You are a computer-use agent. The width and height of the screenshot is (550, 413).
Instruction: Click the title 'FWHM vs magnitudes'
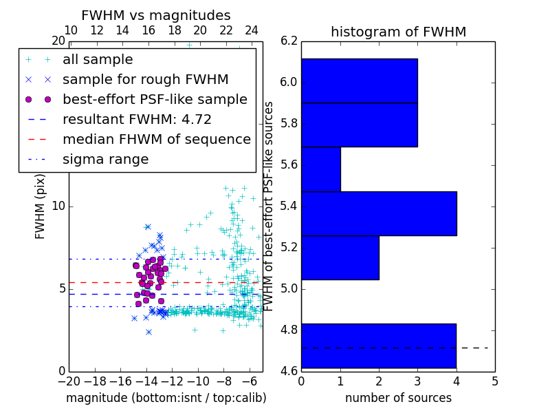[156, 15]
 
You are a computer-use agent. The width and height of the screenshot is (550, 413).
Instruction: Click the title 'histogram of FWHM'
[399, 32]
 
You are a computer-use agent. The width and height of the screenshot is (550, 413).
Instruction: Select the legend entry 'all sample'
[98, 60]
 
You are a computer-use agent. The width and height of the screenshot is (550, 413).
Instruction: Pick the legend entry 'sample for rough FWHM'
[145, 80]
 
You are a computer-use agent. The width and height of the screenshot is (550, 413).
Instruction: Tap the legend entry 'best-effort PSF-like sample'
[155, 100]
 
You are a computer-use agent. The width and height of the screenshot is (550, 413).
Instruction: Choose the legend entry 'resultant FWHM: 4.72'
[137, 120]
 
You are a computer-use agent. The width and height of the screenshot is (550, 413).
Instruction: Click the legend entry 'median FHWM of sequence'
[156, 140]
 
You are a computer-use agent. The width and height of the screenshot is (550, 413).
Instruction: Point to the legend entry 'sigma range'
[105, 160]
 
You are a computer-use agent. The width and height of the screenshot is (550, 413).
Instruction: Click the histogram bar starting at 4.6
[378, 346]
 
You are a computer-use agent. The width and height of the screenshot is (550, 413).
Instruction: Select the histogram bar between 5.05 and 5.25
[340, 257]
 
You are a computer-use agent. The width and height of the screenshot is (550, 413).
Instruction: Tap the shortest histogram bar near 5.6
[320, 169]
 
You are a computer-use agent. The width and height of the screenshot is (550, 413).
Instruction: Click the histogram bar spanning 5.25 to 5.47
[378, 213]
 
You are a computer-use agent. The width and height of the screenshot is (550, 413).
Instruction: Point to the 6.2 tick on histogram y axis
[289, 41]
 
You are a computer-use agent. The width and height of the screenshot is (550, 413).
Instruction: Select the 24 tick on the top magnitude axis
[252, 31]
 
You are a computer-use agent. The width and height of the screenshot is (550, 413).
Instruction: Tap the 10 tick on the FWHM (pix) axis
[58, 206]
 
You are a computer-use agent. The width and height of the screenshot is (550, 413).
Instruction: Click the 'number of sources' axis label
[398, 398]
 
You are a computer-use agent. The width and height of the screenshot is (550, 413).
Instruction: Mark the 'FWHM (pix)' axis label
[41, 206]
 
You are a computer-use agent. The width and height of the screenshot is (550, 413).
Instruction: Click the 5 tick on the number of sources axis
[494, 381]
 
